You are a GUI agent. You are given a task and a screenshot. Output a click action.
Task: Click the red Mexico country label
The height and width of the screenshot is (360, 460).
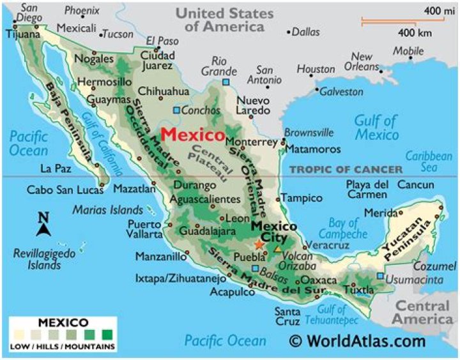tap(192, 135)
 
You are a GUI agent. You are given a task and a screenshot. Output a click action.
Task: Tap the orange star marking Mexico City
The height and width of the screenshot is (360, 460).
tap(259, 244)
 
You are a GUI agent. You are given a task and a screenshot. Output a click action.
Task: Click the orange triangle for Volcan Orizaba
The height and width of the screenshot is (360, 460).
tap(277, 247)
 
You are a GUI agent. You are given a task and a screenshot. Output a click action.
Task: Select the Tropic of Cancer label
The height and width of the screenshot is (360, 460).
tap(346, 169)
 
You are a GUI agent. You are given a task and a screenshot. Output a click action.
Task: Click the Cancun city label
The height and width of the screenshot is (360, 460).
tap(415, 185)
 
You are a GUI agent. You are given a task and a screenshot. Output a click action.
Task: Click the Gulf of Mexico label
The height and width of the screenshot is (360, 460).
tap(376, 128)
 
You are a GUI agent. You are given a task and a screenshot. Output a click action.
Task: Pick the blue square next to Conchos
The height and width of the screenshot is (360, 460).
tap(177, 110)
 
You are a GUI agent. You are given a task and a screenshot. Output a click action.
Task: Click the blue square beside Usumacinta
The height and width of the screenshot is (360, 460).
tap(381, 276)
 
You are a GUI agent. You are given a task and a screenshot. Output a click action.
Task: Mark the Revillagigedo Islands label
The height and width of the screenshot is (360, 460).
tap(40, 259)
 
